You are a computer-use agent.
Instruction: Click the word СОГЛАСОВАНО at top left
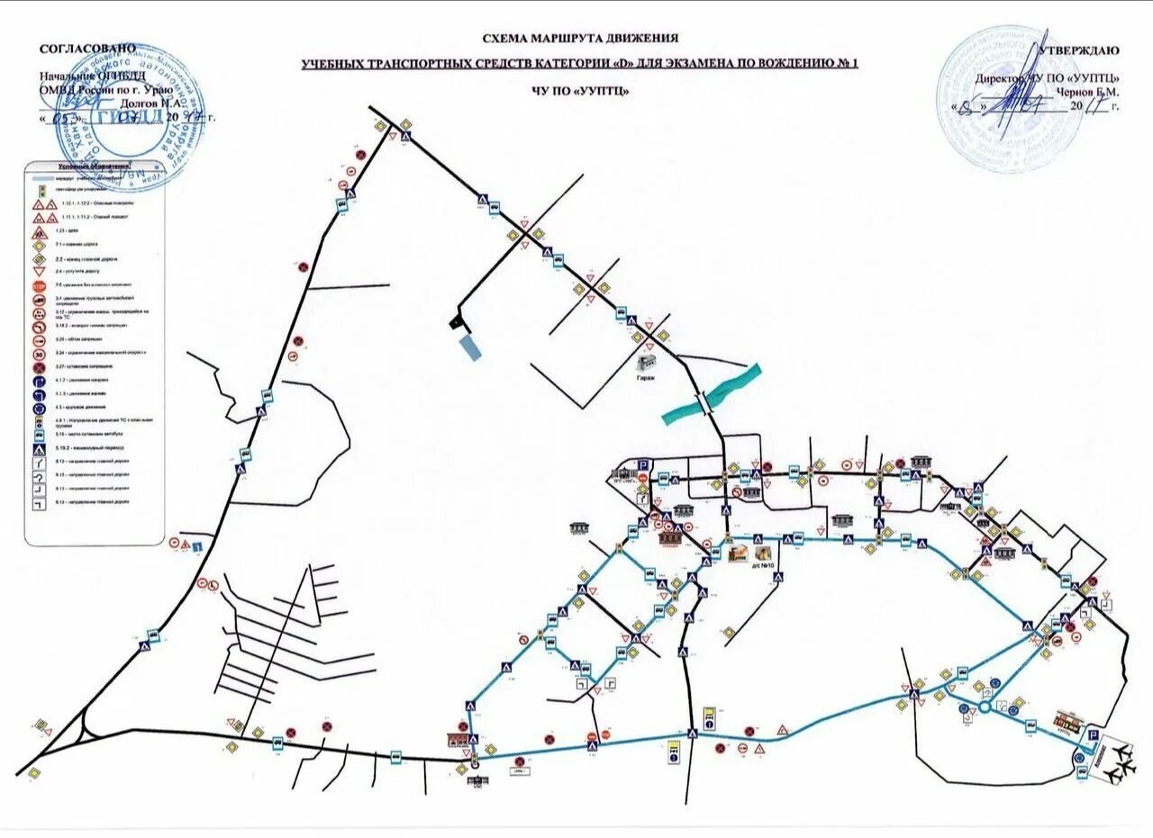(87, 48)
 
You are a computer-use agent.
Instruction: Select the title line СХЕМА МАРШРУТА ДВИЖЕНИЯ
(580, 39)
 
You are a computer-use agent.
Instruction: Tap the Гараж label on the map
(647, 378)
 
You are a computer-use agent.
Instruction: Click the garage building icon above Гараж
(647, 363)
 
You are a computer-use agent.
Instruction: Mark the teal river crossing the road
(712, 393)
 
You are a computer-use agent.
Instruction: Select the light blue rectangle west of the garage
(469, 347)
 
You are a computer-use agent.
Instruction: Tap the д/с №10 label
(762, 567)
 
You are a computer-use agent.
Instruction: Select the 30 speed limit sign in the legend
(40, 355)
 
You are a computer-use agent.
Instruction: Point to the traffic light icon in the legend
(40, 190)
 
